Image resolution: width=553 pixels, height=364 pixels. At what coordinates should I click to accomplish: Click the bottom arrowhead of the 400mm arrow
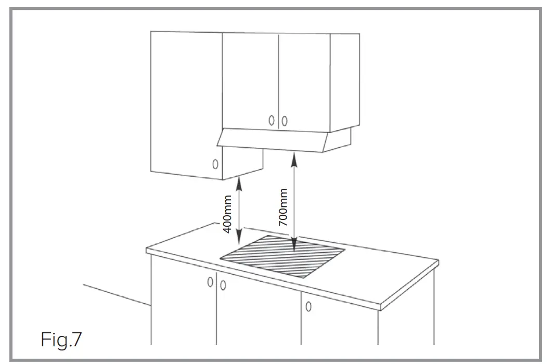[x=239, y=241]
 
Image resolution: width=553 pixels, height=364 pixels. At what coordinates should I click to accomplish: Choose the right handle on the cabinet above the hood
[x=284, y=121]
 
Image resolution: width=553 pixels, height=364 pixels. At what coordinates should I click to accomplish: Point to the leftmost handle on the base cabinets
[x=210, y=282]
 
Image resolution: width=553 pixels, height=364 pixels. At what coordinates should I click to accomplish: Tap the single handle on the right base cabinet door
[x=308, y=306]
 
